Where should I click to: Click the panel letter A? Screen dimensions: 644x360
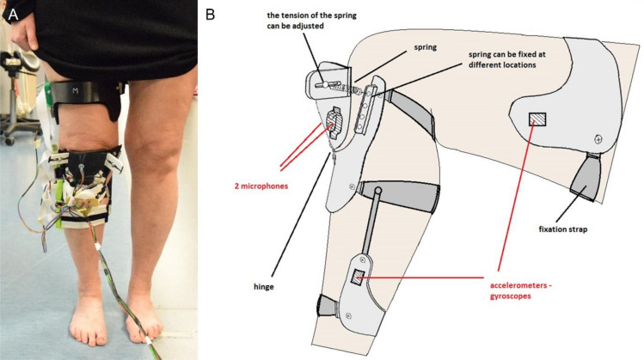click(x=11, y=11)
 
